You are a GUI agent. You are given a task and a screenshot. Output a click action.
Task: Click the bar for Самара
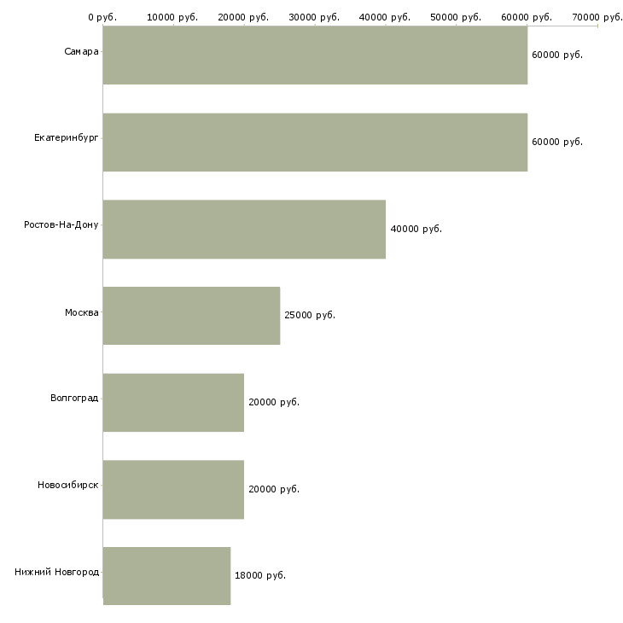[315, 55]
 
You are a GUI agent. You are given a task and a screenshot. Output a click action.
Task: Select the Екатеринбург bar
[315, 143]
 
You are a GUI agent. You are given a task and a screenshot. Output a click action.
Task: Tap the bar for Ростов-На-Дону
[244, 230]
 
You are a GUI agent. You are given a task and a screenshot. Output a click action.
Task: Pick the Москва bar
[191, 316]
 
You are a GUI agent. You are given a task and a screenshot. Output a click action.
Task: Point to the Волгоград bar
[173, 403]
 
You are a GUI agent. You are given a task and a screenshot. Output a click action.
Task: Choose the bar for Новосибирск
[173, 490]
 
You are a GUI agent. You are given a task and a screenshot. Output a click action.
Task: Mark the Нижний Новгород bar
[167, 576]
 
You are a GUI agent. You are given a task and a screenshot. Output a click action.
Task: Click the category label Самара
[81, 51]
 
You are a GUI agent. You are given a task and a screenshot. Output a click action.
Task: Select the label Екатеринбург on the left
[66, 138]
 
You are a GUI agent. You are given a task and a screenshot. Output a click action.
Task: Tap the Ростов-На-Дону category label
[61, 225]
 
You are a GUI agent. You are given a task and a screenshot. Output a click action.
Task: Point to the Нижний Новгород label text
[56, 572]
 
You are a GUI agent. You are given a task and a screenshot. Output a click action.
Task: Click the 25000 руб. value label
[310, 315]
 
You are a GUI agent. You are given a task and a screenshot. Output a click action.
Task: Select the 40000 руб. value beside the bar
[416, 229]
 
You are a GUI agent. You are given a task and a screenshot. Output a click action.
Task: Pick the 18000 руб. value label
[260, 575]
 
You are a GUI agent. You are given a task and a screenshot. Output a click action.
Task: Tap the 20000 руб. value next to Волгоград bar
[274, 402]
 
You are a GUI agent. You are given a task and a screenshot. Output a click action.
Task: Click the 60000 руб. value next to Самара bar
[557, 55]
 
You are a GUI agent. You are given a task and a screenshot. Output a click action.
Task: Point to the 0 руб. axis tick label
[102, 17]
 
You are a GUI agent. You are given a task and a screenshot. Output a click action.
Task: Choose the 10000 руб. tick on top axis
[172, 17]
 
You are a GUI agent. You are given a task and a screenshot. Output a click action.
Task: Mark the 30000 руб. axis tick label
[314, 17]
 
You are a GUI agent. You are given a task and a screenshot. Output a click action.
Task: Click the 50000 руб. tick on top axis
[456, 17]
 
